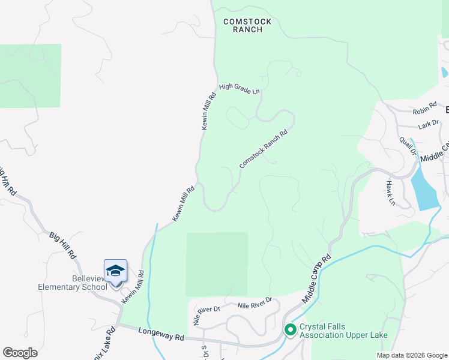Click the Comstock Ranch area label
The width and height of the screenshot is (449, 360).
pyautogui.click(x=247, y=25)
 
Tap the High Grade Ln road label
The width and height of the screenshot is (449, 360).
pyautogui.click(x=239, y=89)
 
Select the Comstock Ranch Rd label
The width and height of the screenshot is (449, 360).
pyautogui.click(x=264, y=146)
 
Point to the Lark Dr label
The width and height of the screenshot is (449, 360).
pyautogui.click(x=429, y=125)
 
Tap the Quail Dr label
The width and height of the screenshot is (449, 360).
pyautogui.click(x=408, y=145)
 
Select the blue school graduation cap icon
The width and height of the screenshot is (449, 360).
pyautogui.click(x=115, y=271)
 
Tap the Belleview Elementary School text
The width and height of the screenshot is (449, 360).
pyautogui.click(x=73, y=282)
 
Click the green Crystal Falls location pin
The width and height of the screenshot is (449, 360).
pyautogui.click(x=291, y=329)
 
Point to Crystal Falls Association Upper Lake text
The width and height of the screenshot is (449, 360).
pyautogui.click(x=343, y=331)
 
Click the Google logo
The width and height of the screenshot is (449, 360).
pyautogui.click(x=20, y=353)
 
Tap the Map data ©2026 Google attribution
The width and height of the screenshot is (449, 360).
pyautogui.click(x=412, y=355)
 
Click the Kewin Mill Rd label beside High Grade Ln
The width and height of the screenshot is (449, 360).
pyautogui.click(x=208, y=110)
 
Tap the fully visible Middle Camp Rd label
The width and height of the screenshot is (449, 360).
pyautogui.click(x=318, y=279)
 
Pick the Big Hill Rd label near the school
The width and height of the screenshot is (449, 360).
pyautogui.click(x=63, y=244)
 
